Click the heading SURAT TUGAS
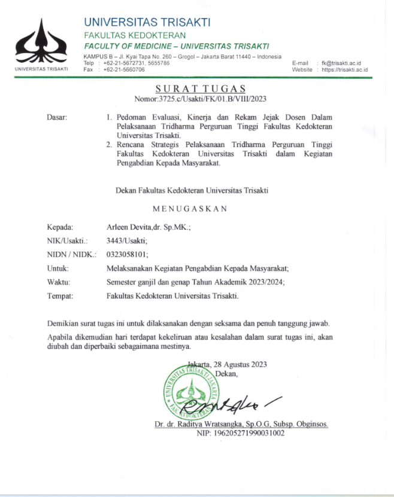tap(196, 89)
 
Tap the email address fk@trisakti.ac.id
tap(345, 63)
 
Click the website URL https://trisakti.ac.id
tap(344, 69)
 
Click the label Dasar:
tap(57, 117)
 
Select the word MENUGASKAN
tap(190, 209)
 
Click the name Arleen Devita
tap(126, 227)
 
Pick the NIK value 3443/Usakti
tap(125, 240)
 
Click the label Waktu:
tap(59, 282)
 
